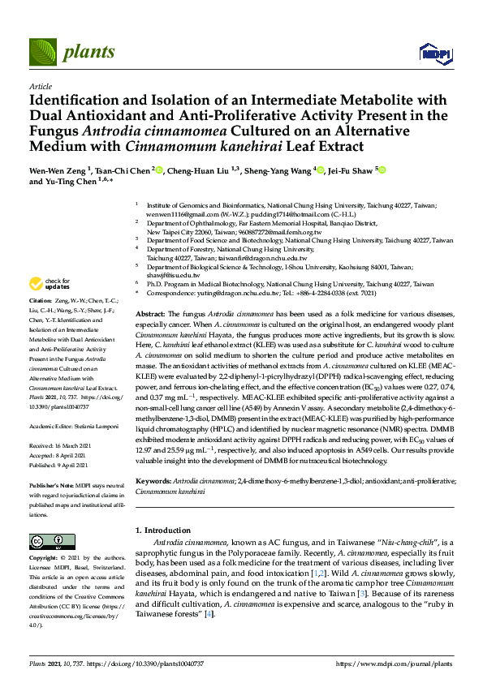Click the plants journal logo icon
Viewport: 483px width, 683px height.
pos(43,53)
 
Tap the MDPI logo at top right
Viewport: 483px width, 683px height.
pos(435,54)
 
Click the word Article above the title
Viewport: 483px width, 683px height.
pos(41,84)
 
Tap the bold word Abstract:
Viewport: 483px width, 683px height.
pos(150,313)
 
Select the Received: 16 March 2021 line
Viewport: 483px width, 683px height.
pos(64,445)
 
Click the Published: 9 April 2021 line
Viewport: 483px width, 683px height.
pos(65,464)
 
